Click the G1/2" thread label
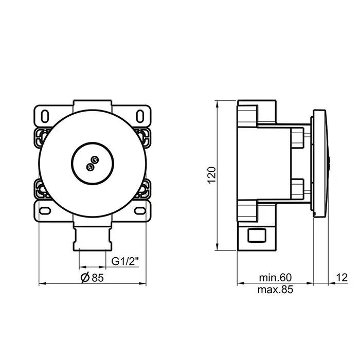click(x=125, y=261)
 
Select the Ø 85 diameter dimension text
click(x=92, y=278)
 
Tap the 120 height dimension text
click(x=212, y=175)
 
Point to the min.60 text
click(x=275, y=277)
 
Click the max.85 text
click(x=275, y=290)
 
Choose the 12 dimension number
click(x=342, y=278)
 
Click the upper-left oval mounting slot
click(x=45, y=116)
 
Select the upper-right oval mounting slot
click(x=140, y=116)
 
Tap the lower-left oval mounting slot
click(x=45, y=210)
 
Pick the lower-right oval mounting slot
click(x=140, y=210)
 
